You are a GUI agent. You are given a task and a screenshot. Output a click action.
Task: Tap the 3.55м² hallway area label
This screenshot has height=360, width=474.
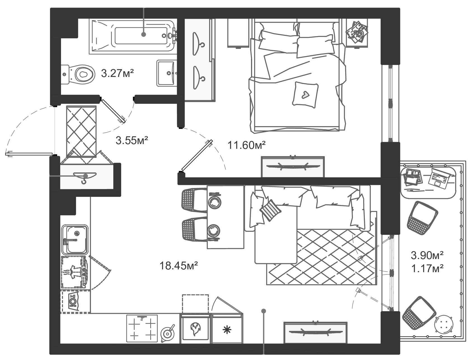click(132, 140)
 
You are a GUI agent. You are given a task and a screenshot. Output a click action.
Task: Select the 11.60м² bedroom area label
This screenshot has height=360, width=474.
click(246, 145)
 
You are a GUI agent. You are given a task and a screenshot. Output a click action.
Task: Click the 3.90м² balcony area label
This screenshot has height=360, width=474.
click(427, 255)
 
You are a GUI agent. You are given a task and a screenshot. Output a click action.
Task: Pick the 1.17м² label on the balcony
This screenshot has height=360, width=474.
click(427, 269)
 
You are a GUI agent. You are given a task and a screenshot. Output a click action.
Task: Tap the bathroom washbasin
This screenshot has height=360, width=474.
click(166, 73)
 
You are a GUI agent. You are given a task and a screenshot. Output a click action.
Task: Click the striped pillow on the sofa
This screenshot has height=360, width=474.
click(270, 210)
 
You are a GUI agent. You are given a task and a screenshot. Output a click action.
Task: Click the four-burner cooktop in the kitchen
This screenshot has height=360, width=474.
click(142, 328)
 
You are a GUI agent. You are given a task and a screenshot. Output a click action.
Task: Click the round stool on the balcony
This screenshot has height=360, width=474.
click(444, 324)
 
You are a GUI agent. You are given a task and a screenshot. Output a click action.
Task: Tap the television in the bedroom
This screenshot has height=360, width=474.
click(293, 166)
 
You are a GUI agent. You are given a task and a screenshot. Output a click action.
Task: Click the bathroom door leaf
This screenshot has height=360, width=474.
click(113, 111)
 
